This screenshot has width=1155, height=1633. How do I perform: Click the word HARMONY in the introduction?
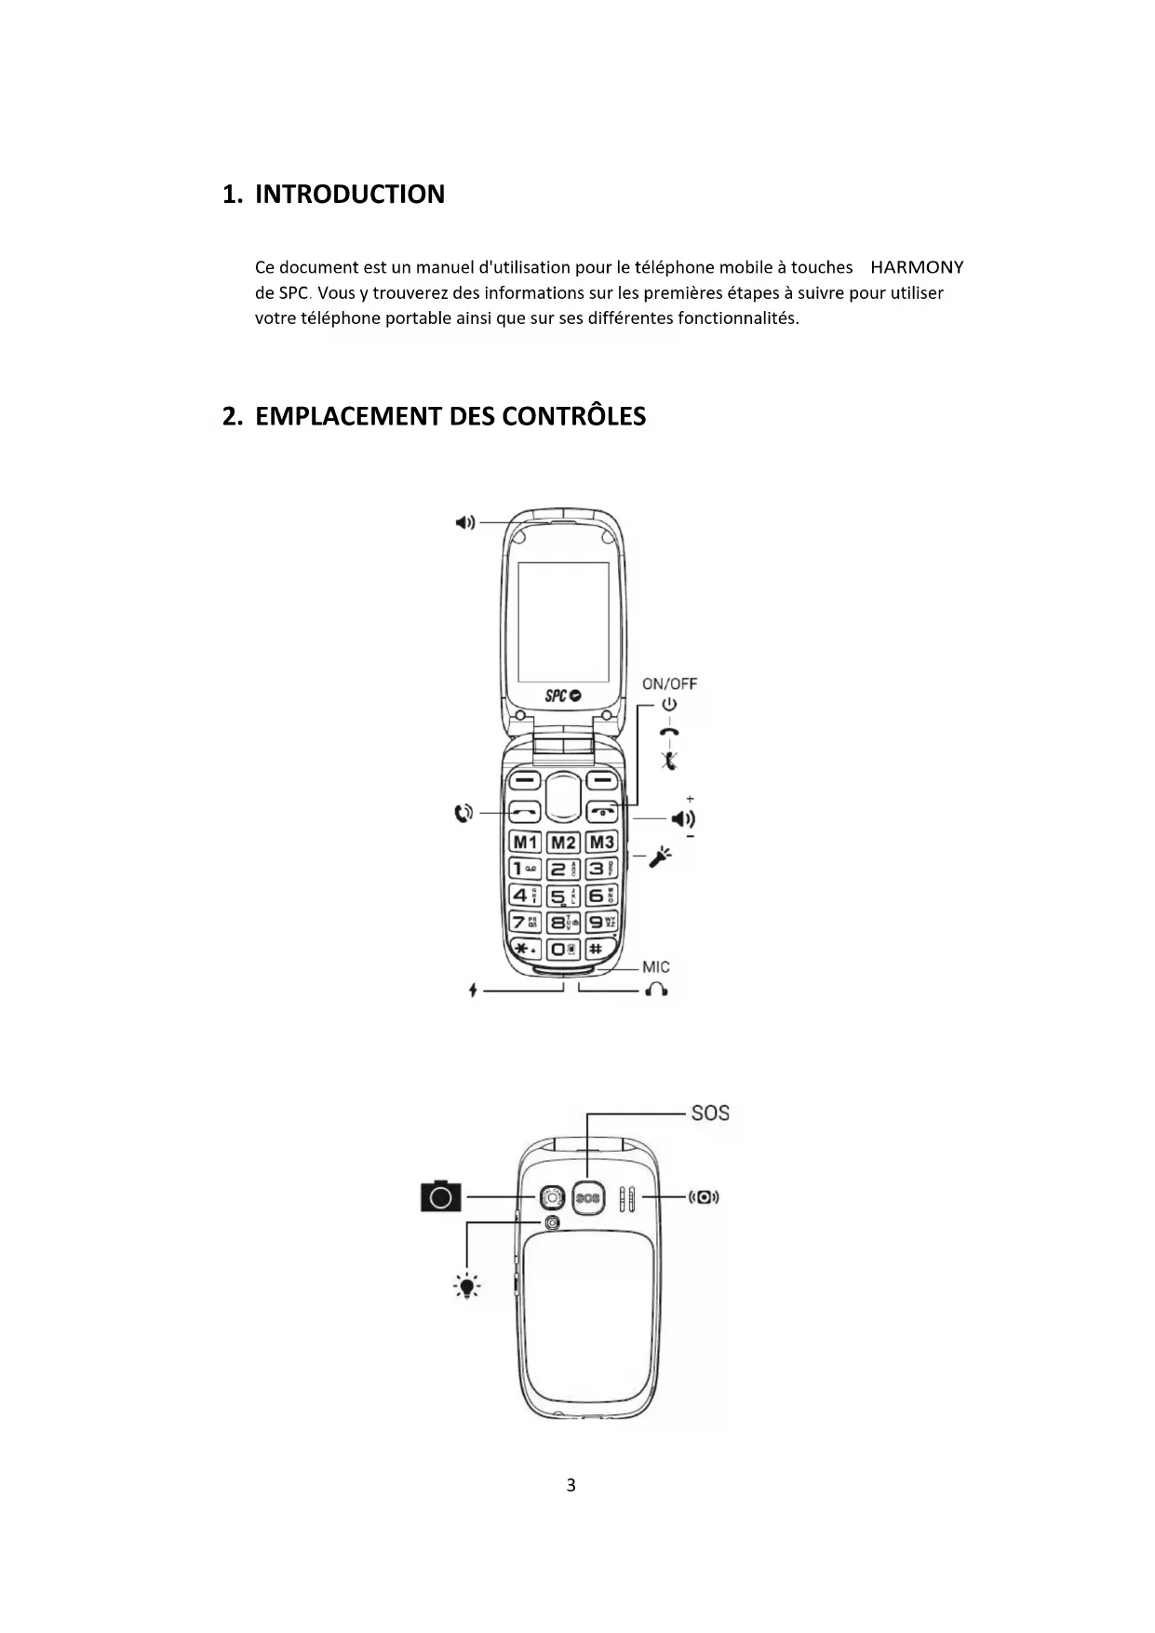coord(917,268)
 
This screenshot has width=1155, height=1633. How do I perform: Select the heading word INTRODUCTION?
coord(350,195)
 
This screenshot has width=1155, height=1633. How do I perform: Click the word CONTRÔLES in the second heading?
coord(573,416)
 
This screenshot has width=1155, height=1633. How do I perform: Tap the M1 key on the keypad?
coord(526,843)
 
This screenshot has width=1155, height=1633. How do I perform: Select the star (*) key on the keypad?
coord(526,949)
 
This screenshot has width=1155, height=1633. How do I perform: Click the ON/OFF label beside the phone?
coord(669,683)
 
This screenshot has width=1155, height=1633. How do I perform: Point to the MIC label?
coord(655,967)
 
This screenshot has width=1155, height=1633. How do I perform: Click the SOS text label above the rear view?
coord(710,1113)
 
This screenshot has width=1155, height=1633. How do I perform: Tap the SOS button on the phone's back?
coord(588,1198)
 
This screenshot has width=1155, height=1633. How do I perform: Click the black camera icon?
coord(441,1196)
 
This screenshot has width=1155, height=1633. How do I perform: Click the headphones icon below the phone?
coord(657,990)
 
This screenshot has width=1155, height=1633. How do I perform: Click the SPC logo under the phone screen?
coord(562,695)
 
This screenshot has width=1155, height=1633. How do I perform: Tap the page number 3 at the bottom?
coord(571,1485)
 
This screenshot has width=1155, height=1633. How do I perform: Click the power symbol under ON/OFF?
coord(669,706)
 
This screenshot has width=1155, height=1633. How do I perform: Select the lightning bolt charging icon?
coord(473,990)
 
